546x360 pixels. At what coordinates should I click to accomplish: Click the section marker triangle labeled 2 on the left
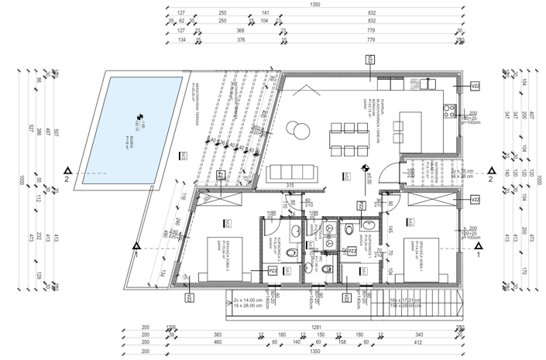70,170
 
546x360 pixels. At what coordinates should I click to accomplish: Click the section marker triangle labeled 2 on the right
489,170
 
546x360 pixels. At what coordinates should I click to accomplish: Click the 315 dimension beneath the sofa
290,185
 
